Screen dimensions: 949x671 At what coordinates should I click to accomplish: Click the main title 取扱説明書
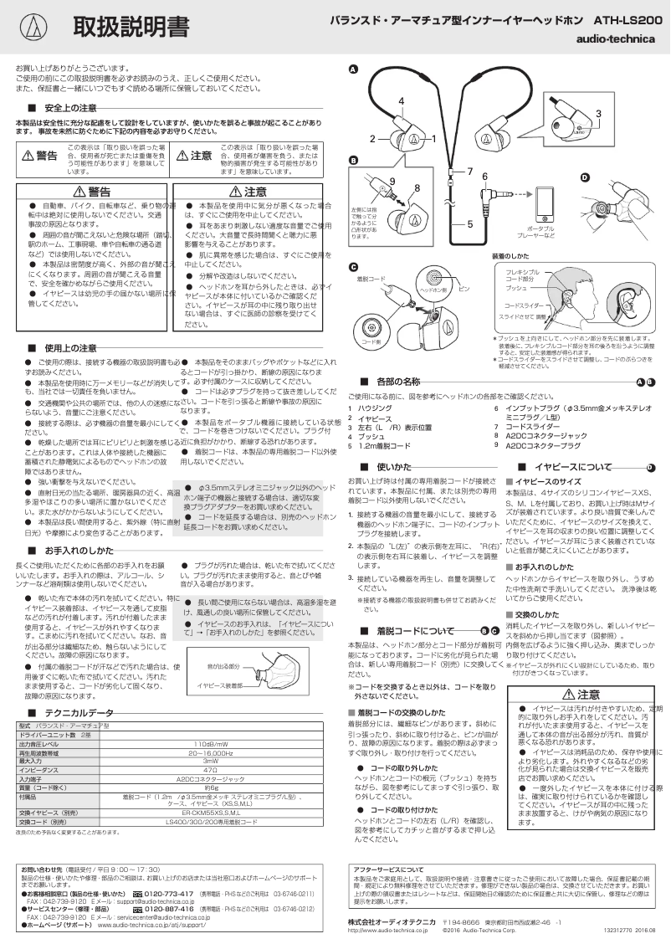point(130,27)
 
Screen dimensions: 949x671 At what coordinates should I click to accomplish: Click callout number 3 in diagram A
point(598,113)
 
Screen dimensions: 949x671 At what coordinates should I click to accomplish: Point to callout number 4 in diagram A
point(402,100)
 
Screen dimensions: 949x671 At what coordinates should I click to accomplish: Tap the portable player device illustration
point(545,203)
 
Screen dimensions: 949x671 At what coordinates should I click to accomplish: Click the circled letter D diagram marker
point(585,176)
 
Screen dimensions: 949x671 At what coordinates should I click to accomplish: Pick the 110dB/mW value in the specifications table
point(211,744)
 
